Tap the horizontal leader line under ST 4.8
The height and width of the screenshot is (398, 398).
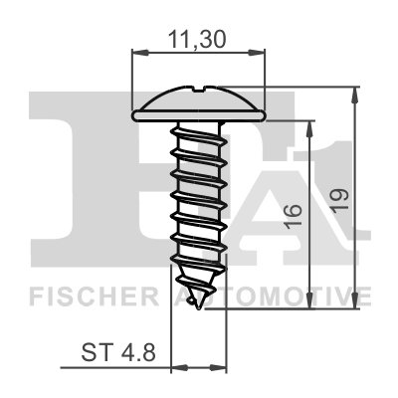point(119,365)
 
